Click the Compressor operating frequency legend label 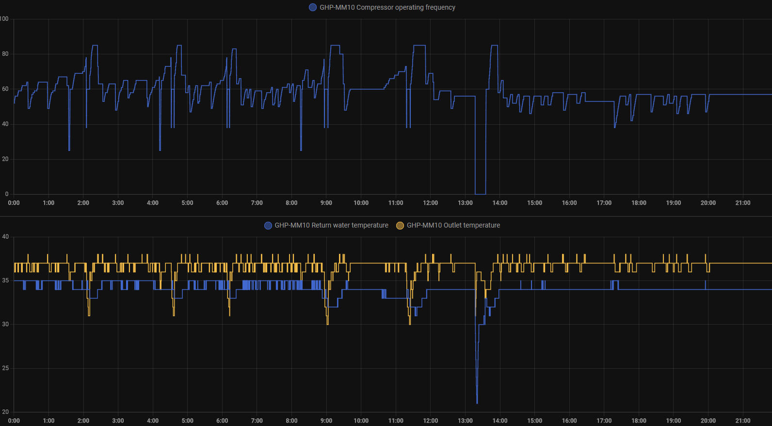coord(387,7)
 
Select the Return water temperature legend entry coord(331,225)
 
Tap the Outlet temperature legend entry coord(453,225)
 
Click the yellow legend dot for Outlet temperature coord(400,226)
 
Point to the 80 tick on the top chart coord(5,54)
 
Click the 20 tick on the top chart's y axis coord(5,159)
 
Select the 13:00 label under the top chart coord(465,203)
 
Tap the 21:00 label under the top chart coord(742,203)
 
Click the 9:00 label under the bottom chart coord(326,421)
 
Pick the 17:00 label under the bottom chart coord(604,421)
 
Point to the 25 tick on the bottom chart coord(5,368)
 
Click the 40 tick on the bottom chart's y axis coord(5,237)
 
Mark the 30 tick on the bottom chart coord(5,324)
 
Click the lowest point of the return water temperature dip coord(477,402)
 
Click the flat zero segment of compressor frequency coord(480,194)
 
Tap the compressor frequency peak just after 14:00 coord(494,46)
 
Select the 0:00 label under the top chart coord(14,203)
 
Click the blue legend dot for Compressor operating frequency coord(313,7)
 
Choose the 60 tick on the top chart coord(5,89)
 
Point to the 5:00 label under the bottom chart coord(187,421)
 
